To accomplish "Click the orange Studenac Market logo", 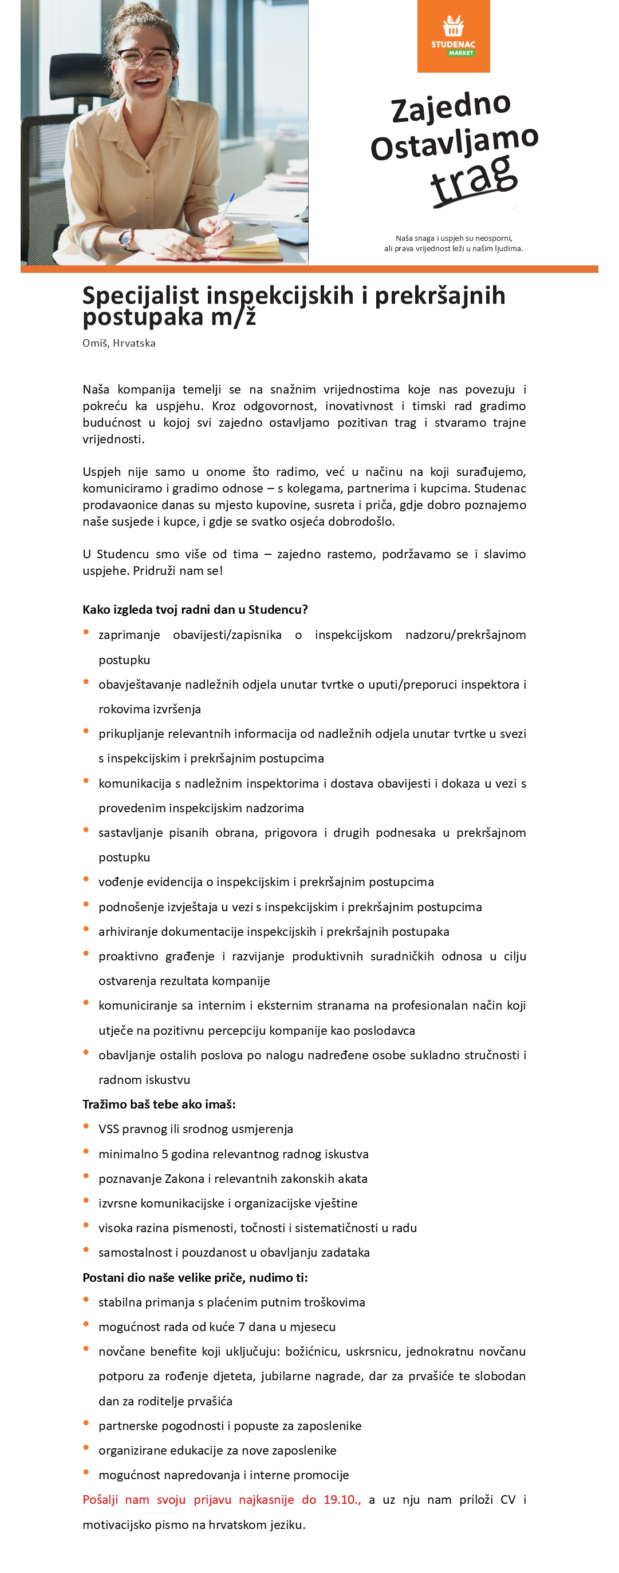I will pyautogui.click(x=454, y=36).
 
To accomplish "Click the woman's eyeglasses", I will pyautogui.click(x=144, y=58).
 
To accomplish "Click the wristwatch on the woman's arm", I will pyautogui.click(x=127, y=239).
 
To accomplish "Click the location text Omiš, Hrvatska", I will pyautogui.click(x=119, y=343).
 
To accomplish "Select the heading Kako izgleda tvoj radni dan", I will pyautogui.click(x=195, y=609).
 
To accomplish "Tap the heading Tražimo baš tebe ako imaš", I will pyautogui.click(x=159, y=1104).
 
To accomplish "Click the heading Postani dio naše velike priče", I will pyautogui.click(x=195, y=1277).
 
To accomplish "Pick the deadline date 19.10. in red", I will pyautogui.click(x=342, y=1500).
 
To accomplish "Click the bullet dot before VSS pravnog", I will pyautogui.click(x=86, y=1126).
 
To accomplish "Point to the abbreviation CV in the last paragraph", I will pyautogui.click(x=508, y=1500).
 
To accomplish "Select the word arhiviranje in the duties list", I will pyautogui.click(x=127, y=931).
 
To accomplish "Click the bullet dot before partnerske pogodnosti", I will pyautogui.click(x=86, y=1423).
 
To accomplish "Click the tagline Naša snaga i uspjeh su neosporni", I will pyautogui.click(x=454, y=238).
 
